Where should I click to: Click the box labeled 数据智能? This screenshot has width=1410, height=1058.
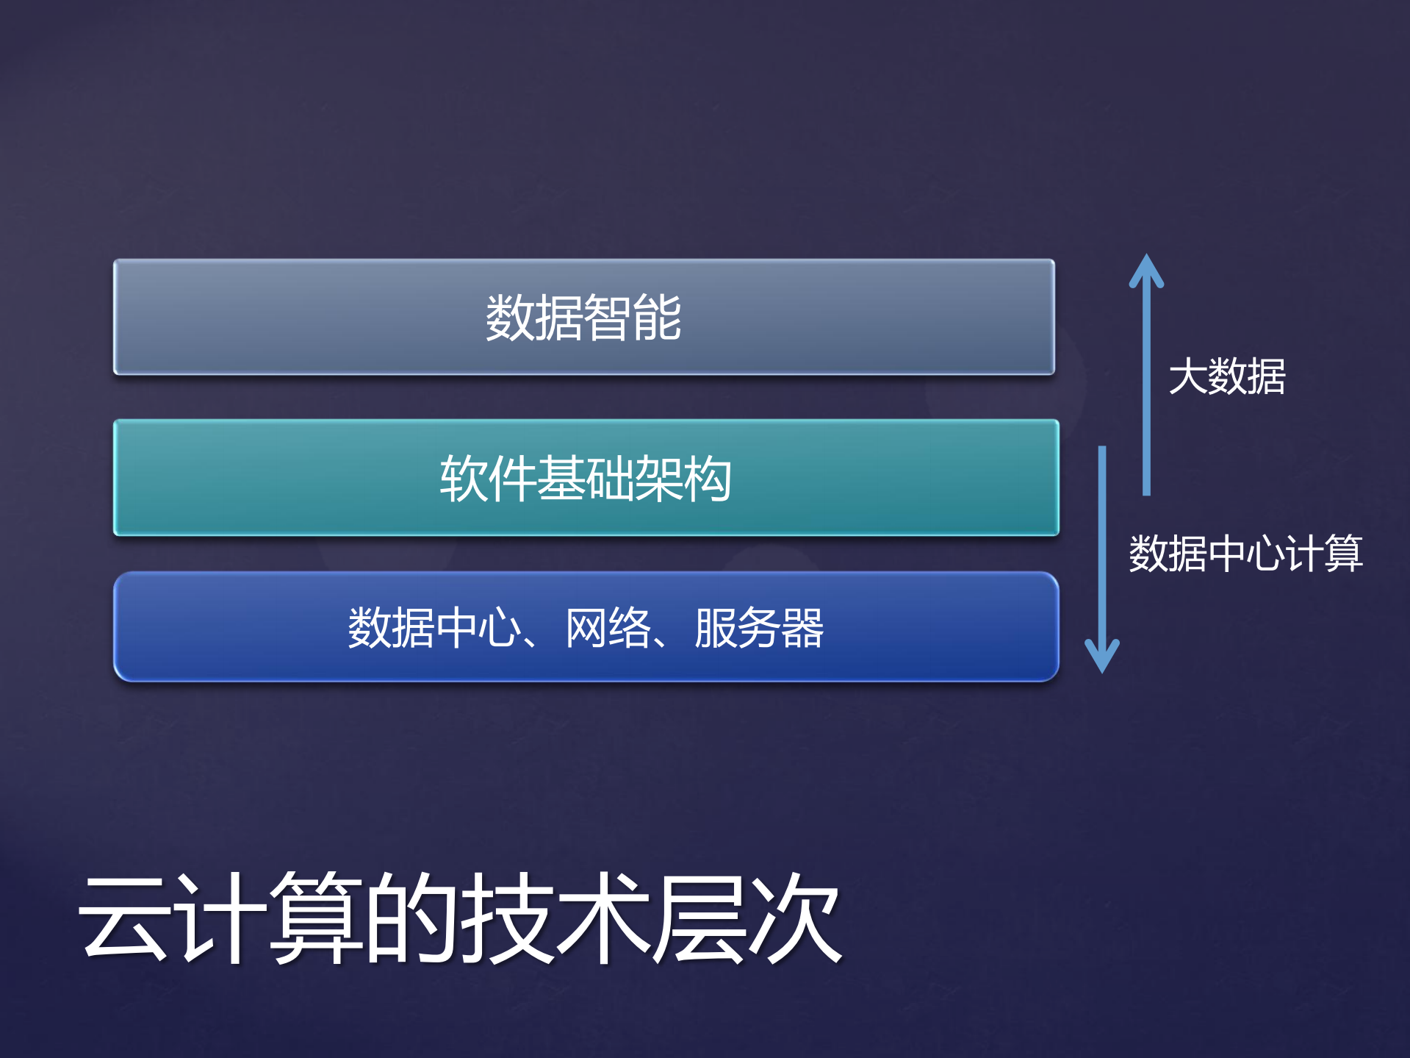pyautogui.click(x=584, y=317)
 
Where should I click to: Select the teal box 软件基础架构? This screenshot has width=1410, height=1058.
pyautogui.click(x=586, y=478)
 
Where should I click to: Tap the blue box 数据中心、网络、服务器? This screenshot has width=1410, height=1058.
pyautogui.click(x=586, y=627)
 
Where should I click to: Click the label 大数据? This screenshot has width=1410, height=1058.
pyautogui.click(x=1226, y=376)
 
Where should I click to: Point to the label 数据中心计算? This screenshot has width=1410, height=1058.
pyautogui.click(x=1245, y=553)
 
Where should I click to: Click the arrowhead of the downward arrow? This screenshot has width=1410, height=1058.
pyautogui.click(x=1102, y=657)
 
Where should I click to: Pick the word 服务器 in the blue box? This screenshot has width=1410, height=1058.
pyautogui.click(x=759, y=628)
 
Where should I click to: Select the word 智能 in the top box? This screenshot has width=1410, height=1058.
pyautogui.click(x=633, y=318)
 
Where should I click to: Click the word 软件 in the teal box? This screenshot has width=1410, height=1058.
pyautogui.click(x=488, y=479)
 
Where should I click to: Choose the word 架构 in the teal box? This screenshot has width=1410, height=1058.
pyautogui.click(x=683, y=479)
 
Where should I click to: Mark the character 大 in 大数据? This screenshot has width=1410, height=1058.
pyautogui.click(x=1187, y=376)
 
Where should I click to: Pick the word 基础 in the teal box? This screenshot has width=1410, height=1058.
pyautogui.click(x=586, y=479)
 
